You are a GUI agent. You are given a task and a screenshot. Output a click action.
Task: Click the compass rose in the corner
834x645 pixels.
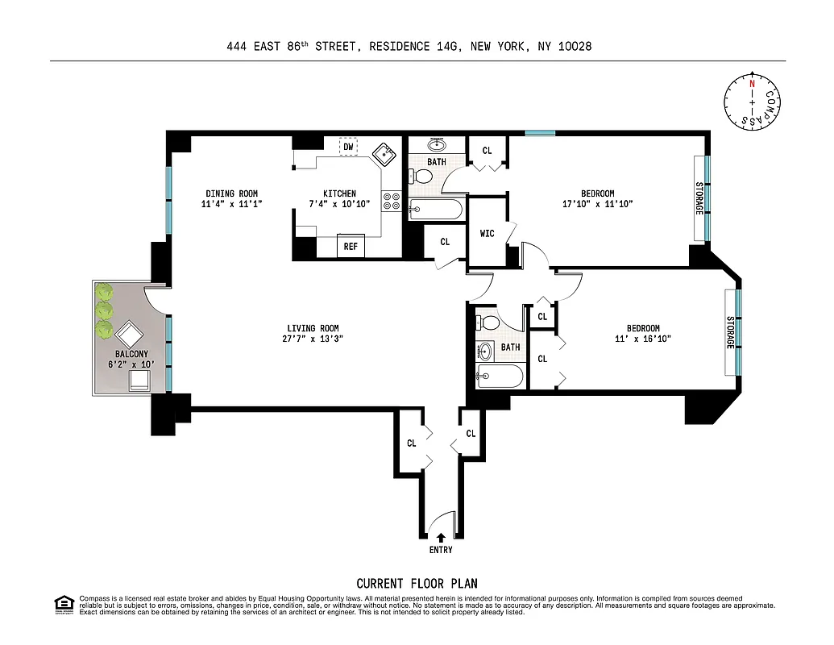(x=753, y=102)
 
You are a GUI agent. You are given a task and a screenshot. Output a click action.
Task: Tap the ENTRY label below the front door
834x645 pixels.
(x=441, y=550)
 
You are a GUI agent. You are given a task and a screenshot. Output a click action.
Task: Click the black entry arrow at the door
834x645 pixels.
(x=441, y=536)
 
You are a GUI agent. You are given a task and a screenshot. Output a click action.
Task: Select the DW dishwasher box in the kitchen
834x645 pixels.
(x=348, y=147)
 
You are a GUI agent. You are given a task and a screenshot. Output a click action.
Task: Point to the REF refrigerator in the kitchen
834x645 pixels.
(x=351, y=246)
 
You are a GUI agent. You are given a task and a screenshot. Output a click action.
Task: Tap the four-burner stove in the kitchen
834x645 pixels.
(x=392, y=201)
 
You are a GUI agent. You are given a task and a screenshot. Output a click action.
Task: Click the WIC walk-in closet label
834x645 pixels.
(x=488, y=234)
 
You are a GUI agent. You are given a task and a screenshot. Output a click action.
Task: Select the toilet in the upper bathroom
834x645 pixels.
(x=418, y=177)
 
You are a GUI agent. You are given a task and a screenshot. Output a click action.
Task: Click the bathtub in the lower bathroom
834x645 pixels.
(x=500, y=375)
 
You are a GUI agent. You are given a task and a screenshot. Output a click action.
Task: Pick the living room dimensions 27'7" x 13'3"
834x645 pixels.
(x=313, y=339)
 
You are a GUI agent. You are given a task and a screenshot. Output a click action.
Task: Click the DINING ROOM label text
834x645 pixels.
(x=231, y=193)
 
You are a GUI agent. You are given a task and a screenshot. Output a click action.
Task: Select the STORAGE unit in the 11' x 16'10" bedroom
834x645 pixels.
(x=729, y=331)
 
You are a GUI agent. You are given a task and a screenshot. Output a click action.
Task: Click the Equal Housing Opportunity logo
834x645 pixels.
(x=63, y=604)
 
